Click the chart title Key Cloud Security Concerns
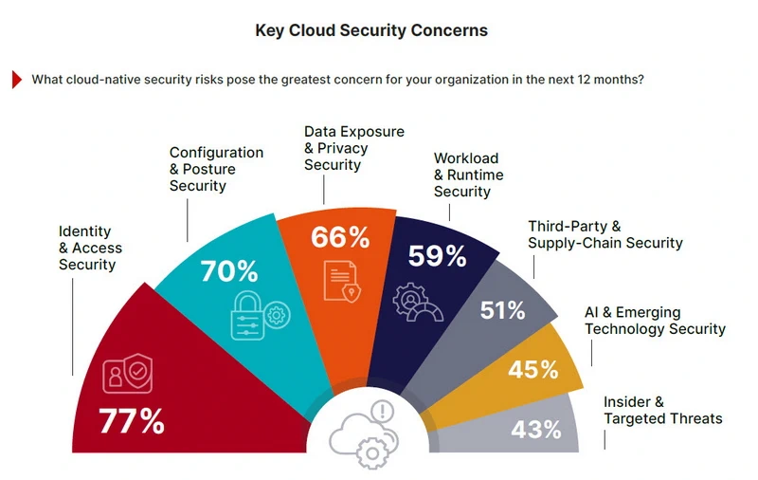[371, 30]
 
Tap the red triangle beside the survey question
[17, 80]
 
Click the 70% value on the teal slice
[228, 271]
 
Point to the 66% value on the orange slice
[340, 236]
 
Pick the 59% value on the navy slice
[437, 255]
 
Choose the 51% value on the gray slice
[502, 310]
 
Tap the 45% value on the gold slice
[533, 369]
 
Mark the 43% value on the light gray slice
[536, 429]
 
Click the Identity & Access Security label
[91, 248]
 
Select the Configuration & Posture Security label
[216, 169]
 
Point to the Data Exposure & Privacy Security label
[353, 148]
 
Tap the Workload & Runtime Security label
[468, 175]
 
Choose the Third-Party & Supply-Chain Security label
[605, 234]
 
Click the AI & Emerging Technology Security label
[655, 321]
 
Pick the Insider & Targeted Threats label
[662, 410]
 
